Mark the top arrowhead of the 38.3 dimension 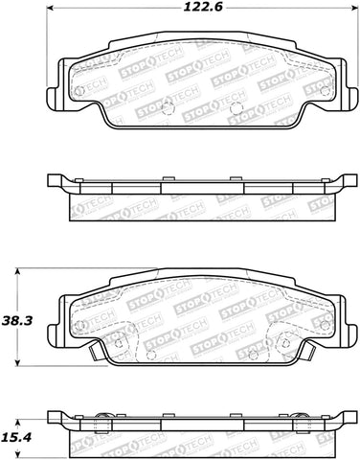pos(22,271)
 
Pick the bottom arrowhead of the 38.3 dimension pos(22,363)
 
